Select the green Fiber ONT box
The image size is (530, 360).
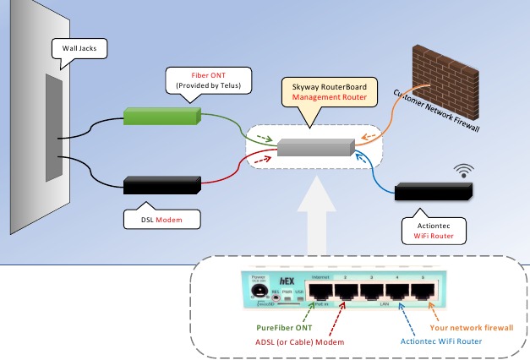(x=161, y=116)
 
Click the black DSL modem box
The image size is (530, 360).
(x=161, y=185)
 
